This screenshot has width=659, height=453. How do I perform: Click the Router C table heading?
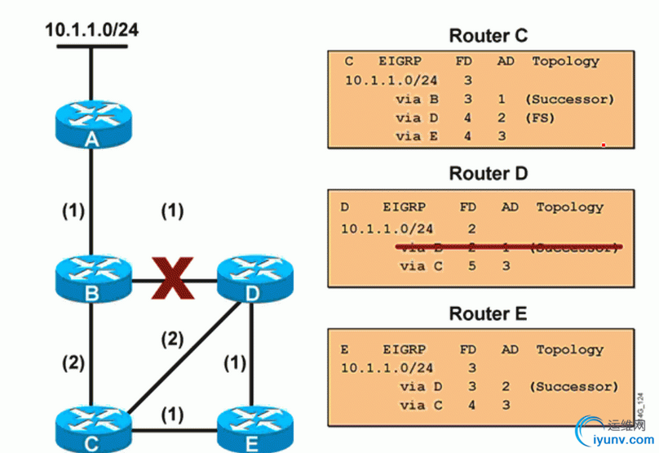pos(488,36)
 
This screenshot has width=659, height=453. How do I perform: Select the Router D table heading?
pos(488,174)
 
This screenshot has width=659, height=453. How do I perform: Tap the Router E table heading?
pos(488,313)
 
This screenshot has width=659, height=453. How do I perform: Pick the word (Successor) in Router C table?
pos(568,99)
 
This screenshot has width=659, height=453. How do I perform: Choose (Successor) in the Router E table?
pos(573,386)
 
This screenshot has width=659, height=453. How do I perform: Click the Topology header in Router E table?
pos(570,349)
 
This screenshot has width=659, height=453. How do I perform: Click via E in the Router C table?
pos(417,136)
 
